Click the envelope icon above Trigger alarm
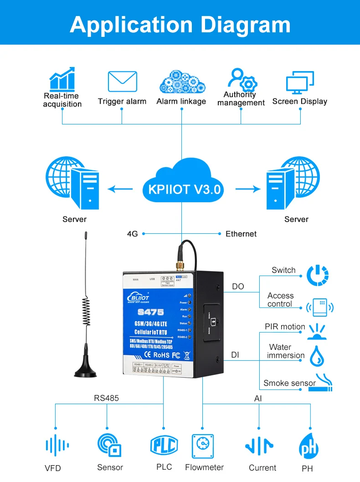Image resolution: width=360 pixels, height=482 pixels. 122,82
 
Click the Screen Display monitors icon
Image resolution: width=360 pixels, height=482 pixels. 300,82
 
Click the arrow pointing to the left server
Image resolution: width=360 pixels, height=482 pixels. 119,188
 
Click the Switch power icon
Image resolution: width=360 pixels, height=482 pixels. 318,275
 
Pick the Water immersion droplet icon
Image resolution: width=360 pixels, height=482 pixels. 317,356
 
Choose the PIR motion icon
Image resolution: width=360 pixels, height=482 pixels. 319,331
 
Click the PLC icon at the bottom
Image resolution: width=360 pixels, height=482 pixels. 164,445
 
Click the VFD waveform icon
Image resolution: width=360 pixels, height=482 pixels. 57,446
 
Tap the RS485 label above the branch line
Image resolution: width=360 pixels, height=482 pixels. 106,398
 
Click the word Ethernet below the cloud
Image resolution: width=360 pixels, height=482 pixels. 241,234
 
